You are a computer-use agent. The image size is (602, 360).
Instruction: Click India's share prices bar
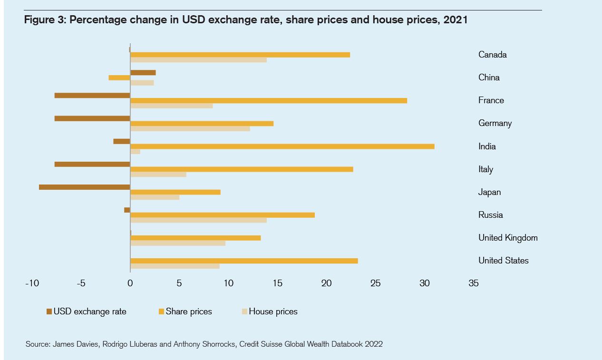pyautogui.click(x=282, y=146)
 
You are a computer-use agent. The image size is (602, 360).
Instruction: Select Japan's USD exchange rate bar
pyautogui.click(x=85, y=187)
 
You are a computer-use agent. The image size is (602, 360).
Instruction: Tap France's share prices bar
pyautogui.click(x=269, y=100)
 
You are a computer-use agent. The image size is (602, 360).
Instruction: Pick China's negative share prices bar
pyautogui.click(x=119, y=78)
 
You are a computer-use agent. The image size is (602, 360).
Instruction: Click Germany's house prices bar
pyautogui.click(x=190, y=128)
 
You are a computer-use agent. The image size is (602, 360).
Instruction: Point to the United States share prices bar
pyautogui.click(x=244, y=261)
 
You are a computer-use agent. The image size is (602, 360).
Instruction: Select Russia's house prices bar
pyautogui.click(x=198, y=220)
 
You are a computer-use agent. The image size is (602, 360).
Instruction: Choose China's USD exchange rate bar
pyautogui.click(x=143, y=72)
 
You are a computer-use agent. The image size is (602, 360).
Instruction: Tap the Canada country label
pyautogui.click(x=493, y=55)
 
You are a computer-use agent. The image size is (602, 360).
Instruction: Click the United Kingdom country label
pyautogui.click(x=508, y=238)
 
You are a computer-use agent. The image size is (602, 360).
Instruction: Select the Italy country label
pyautogui.click(x=486, y=169)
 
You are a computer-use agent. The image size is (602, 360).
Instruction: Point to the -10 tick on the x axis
pyautogui.click(x=32, y=283)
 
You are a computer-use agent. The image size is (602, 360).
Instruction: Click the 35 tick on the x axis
pyautogui.click(x=474, y=283)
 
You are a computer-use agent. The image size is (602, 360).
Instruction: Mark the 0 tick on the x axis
pyautogui.click(x=130, y=283)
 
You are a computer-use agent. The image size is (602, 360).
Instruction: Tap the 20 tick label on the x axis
pyautogui.click(x=327, y=283)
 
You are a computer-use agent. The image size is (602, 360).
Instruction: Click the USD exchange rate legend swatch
pyautogui.click(x=49, y=311)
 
